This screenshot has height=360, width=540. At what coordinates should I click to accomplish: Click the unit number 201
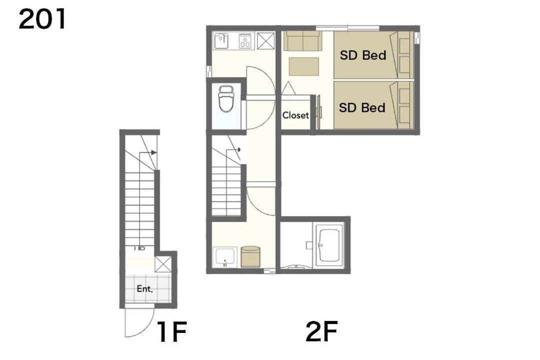click(42, 19)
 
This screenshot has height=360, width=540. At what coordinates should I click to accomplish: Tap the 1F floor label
click(172, 331)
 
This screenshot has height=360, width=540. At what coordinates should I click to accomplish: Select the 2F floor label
click(321, 331)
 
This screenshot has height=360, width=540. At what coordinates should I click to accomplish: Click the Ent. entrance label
click(144, 288)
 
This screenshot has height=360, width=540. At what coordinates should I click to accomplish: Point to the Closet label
click(295, 115)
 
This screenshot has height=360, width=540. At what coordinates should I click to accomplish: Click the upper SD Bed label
click(363, 55)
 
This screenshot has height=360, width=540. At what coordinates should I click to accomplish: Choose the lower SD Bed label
click(362, 107)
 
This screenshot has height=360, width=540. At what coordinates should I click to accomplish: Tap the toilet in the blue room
click(226, 98)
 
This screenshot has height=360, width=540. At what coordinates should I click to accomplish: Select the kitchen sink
click(221, 41)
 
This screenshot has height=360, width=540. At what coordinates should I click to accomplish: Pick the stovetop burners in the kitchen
click(245, 40)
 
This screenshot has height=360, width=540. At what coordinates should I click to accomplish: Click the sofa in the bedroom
click(302, 41)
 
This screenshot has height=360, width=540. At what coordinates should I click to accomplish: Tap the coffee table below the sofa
click(304, 66)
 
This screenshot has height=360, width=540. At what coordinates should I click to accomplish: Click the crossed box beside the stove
click(266, 41)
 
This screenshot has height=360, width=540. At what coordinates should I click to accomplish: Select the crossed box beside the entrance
click(163, 264)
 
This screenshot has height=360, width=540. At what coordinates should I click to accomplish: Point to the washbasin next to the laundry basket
click(224, 257)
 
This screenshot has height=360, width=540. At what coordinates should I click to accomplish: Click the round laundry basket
click(250, 256)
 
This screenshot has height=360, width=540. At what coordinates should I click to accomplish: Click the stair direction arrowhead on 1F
click(154, 152)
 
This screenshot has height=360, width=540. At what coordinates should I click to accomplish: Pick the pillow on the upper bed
click(404, 55)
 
